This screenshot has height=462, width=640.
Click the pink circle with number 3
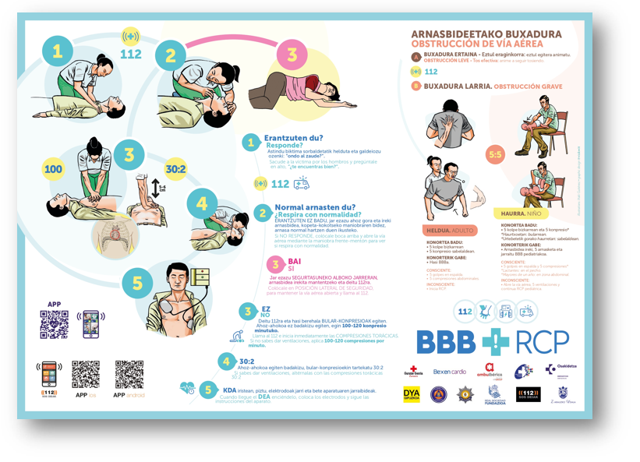[x=292, y=55]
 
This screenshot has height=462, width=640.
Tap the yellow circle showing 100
[x=53, y=169]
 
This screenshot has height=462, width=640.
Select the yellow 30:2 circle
[x=175, y=169]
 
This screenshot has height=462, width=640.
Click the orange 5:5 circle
[x=496, y=155]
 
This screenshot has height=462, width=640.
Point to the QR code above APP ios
[x=86, y=374]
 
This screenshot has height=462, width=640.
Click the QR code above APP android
[x=129, y=374]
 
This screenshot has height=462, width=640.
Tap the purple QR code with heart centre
[x=54, y=323]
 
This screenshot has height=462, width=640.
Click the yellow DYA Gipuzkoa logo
[x=412, y=394]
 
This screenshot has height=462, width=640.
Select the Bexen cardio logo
[x=449, y=372]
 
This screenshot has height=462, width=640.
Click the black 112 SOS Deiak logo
[x=526, y=394]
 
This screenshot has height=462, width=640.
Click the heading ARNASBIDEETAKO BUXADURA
[x=486, y=34]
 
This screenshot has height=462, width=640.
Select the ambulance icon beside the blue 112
[x=301, y=184]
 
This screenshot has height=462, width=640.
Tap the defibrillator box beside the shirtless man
[x=200, y=278]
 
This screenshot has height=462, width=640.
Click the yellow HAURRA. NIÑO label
[x=522, y=213]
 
